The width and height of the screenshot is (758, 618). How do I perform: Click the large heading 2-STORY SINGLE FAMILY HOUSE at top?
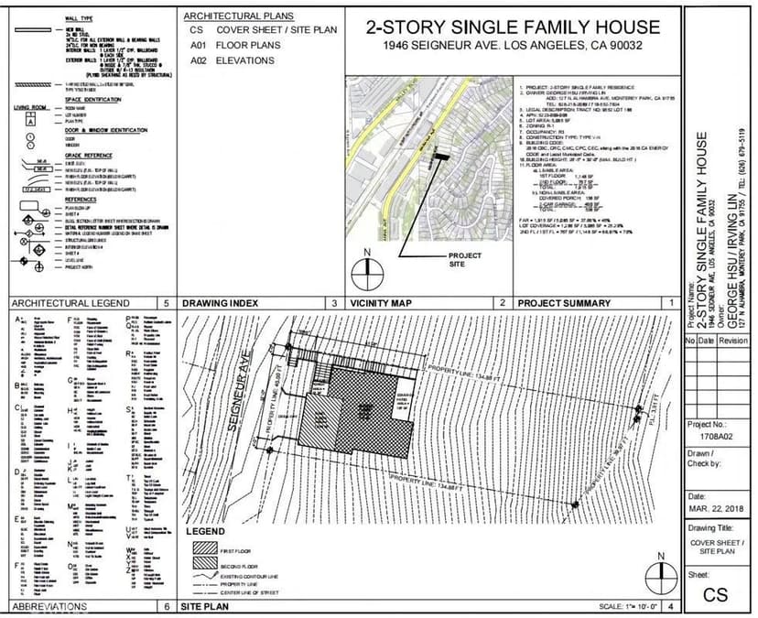pyautogui.click(x=512, y=27)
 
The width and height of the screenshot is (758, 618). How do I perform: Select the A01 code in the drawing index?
pyautogui.click(x=197, y=45)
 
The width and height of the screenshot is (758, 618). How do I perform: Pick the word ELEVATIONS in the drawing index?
pyautogui.click(x=244, y=60)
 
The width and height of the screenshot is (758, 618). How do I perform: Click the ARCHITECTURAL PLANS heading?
pyautogui.click(x=239, y=16)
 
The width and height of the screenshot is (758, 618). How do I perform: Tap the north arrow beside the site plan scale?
pyautogui.click(x=654, y=576)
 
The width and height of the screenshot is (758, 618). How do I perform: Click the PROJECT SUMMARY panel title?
pyautogui.click(x=564, y=302)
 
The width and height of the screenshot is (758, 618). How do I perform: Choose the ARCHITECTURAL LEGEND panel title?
pyautogui.click(x=63, y=302)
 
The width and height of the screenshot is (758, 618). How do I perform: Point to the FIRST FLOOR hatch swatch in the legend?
pyautogui.click(x=203, y=550)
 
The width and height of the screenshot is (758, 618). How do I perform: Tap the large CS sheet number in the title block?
pyautogui.click(x=716, y=594)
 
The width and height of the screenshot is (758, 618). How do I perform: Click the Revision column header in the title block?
pyautogui.click(x=732, y=340)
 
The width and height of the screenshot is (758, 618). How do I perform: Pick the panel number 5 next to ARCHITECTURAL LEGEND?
pyautogui.click(x=166, y=302)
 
